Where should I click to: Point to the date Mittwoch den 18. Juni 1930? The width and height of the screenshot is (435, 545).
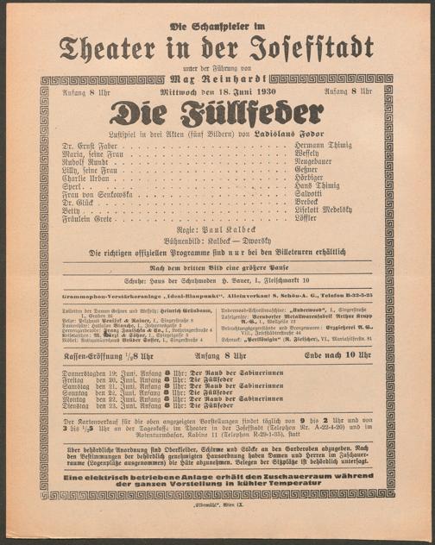[x=217, y=91]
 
